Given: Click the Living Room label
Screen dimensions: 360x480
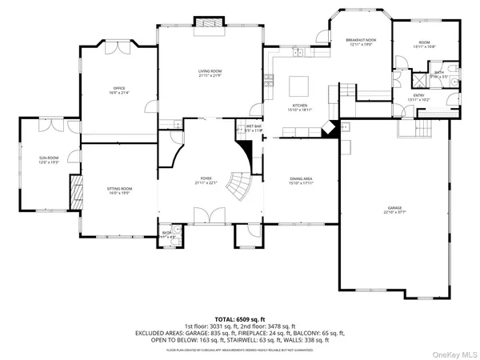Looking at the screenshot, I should click(x=210, y=73).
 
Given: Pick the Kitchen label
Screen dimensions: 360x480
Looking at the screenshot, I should click(x=299, y=106).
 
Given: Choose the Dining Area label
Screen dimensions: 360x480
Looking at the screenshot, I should click(x=301, y=179).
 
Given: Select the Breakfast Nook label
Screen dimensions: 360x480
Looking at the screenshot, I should click(x=361, y=41).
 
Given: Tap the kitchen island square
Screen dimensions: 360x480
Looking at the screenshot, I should click(x=300, y=85).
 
